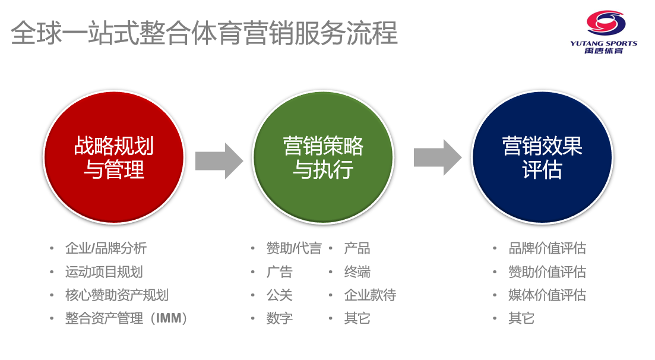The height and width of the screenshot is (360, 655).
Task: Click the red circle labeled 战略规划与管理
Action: coord(114,158)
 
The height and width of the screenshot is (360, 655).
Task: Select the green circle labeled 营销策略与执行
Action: coord(323,158)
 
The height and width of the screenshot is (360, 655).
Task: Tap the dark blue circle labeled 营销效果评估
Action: coord(542,158)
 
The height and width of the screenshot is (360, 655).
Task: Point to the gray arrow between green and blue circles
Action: coord(437,158)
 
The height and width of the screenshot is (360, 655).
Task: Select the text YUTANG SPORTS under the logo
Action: coord(603,43)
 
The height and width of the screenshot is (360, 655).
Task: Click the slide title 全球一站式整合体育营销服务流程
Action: coord(204,33)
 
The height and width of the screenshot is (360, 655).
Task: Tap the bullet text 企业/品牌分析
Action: coord(106,248)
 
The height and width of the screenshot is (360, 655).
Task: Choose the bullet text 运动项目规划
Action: coord(104,272)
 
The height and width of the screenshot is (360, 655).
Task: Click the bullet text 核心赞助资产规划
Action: coord(117,295)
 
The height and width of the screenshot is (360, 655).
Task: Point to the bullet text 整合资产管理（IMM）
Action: coord(126,318)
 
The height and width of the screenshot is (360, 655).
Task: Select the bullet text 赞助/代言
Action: coord(293,248)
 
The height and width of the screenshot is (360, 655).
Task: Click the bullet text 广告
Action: coord(280,272)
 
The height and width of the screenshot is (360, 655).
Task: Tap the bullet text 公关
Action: coord(280,295)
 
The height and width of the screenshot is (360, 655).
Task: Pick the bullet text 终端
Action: coord(357,272)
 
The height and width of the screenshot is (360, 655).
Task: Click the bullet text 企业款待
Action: coord(370,295)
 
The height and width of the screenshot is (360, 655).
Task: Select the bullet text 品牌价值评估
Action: coord(547,248)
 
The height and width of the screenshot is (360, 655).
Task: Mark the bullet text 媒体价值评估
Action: coord(547,295)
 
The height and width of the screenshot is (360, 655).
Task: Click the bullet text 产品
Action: coord(357,248)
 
